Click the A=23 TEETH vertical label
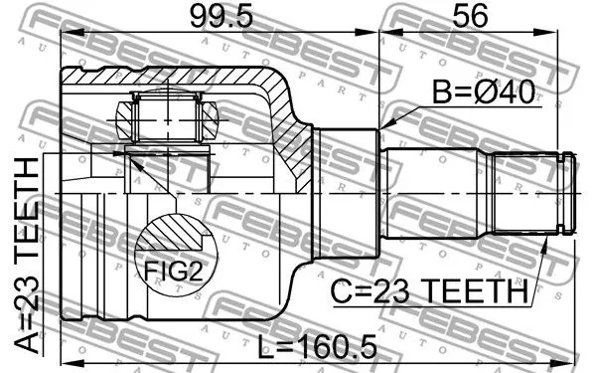point(29,254)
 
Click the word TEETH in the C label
point(472,292)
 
